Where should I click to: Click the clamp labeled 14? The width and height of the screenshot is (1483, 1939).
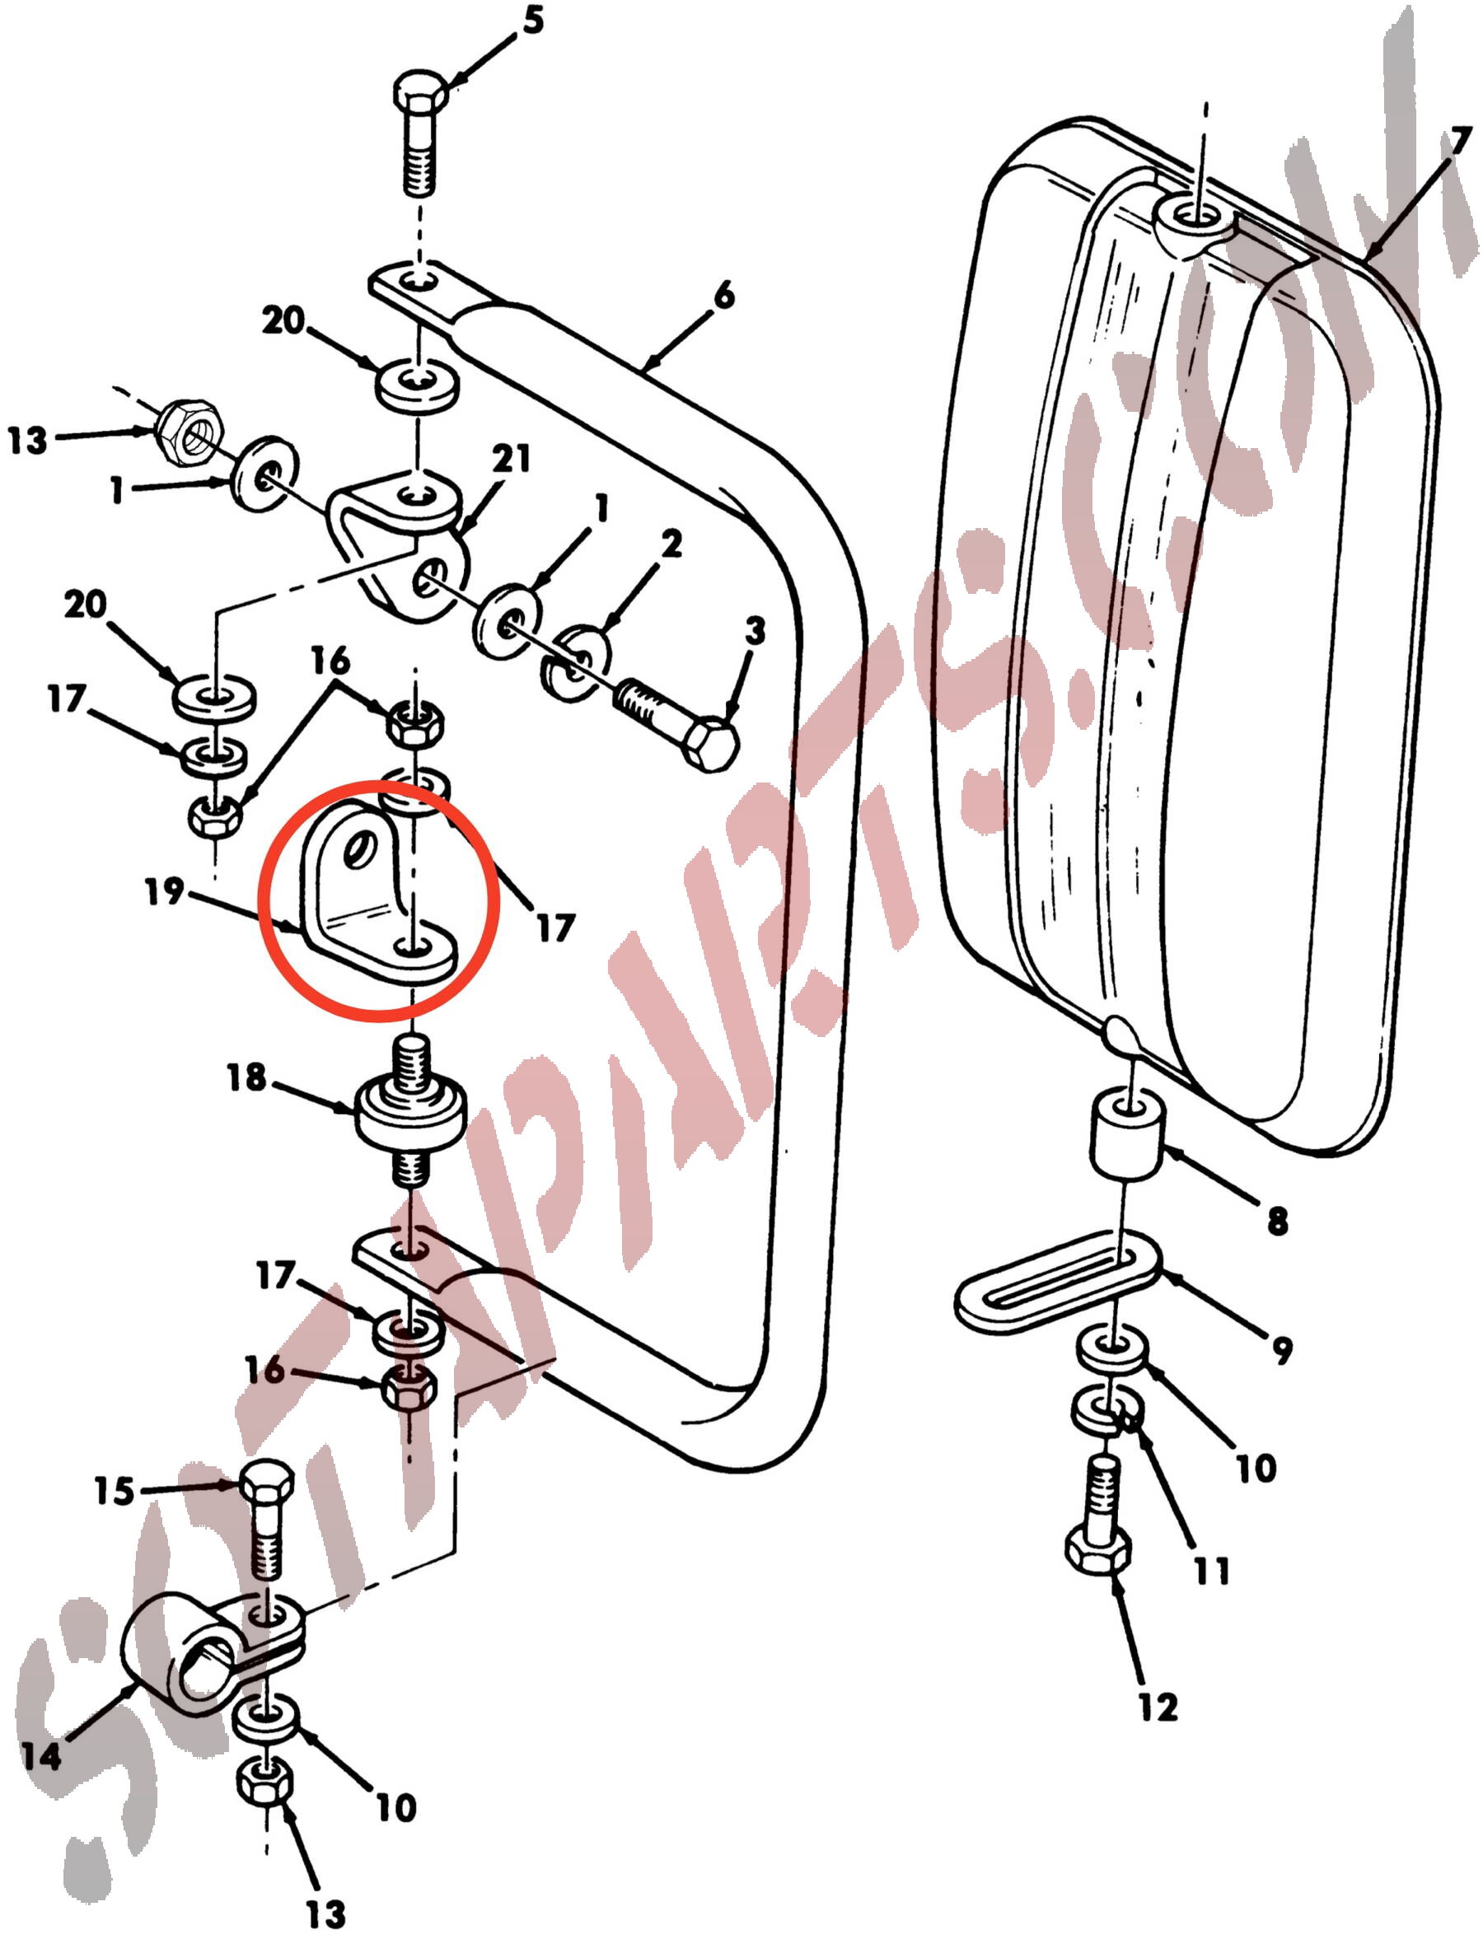pos(212,1656)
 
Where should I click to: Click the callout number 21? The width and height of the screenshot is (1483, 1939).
pos(512,460)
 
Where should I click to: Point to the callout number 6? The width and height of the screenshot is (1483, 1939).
pos(724,297)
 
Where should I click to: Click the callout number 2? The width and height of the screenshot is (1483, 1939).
pos(671,544)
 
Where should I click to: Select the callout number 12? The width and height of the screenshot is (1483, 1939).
pos(1158,1707)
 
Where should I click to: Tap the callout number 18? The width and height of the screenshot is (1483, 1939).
pos(246,1077)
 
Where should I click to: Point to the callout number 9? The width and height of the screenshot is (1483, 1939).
pos(1282,1349)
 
